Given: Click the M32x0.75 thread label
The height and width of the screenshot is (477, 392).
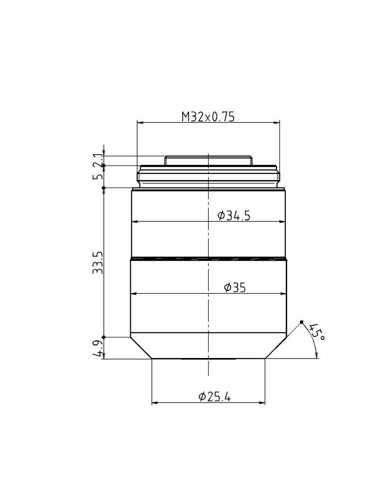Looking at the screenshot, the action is (x=208, y=117).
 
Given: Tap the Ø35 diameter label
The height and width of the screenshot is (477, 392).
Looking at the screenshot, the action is (x=234, y=288).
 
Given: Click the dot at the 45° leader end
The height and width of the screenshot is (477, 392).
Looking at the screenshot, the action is (x=302, y=322).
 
